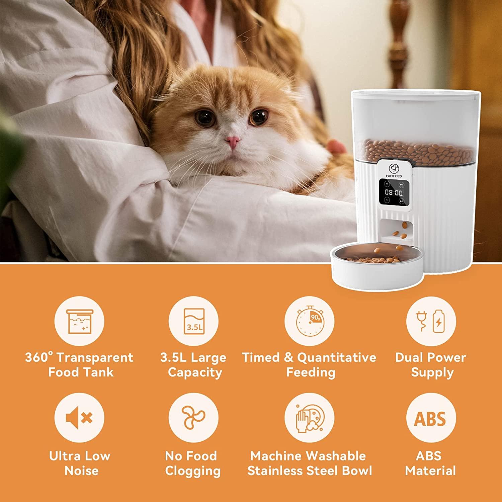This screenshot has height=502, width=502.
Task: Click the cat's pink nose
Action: click(x=233, y=142)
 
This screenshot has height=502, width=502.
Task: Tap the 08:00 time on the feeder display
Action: click(x=394, y=192)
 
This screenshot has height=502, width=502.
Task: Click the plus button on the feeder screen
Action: click(x=387, y=184)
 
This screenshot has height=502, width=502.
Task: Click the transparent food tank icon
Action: click(x=79, y=321)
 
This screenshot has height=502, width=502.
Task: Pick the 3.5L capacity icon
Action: click(x=193, y=321)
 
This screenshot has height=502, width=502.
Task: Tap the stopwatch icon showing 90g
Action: click(x=310, y=321)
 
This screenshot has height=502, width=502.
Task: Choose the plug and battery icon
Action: click(x=431, y=321)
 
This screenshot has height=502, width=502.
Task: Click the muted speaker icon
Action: click(x=79, y=418)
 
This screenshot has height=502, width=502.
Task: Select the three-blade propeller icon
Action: click(x=193, y=418)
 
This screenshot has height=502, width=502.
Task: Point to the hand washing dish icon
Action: click(x=310, y=418)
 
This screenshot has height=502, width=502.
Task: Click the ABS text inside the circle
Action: click(x=430, y=418)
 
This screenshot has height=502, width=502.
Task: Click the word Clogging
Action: click(x=193, y=471)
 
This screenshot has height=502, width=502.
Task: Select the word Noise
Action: click(x=81, y=471)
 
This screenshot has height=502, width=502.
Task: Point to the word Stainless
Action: click(x=276, y=471)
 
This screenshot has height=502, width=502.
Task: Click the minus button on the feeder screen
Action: click(x=387, y=200)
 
